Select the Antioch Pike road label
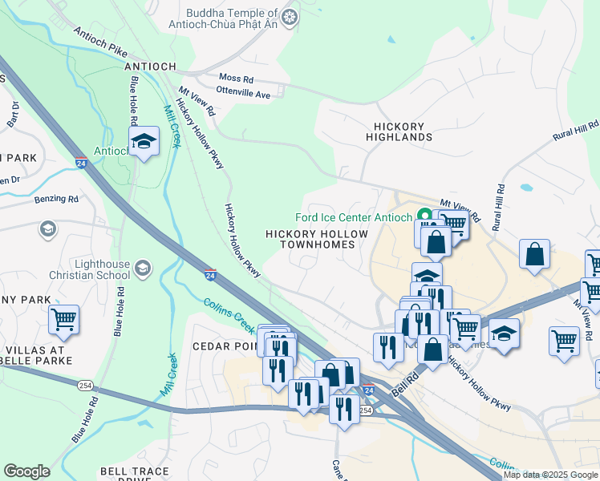tap(99, 41)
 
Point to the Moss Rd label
tap(236, 79)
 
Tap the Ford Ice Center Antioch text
tap(353, 217)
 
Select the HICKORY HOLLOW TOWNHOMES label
tap(317, 239)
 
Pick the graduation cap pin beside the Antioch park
tap(144, 143)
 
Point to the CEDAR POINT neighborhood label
tap(222, 346)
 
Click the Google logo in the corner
tap(27, 471)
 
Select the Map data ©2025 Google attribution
tap(549, 475)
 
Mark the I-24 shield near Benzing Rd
tap(81, 163)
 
